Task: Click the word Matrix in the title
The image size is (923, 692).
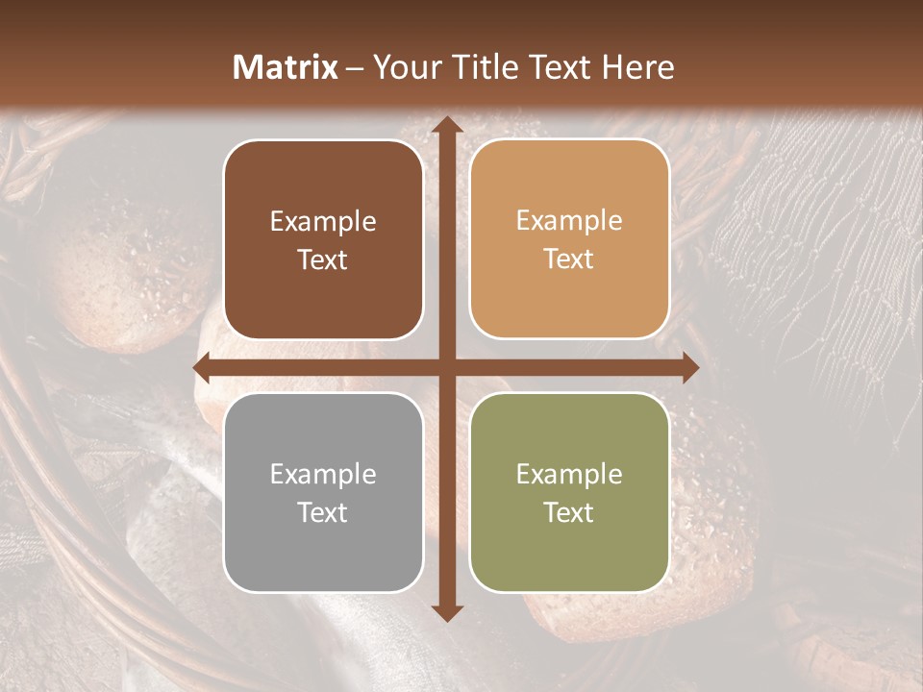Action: click(x=286, y=67)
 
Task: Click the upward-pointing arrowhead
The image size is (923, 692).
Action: click(x=446, y=126)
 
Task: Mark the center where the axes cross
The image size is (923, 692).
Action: click(x=446, y=367)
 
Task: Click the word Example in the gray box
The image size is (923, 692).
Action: click(x=323, y=474)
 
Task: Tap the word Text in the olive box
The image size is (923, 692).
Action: click(x=569, y=512)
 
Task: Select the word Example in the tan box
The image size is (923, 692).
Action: click(x=569, y=221)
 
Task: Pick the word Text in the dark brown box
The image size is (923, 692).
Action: click(x=323, y=259)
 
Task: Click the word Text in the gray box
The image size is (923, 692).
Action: click(x=323, y=512)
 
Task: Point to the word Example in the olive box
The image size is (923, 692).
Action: click(x=569, y=474)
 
